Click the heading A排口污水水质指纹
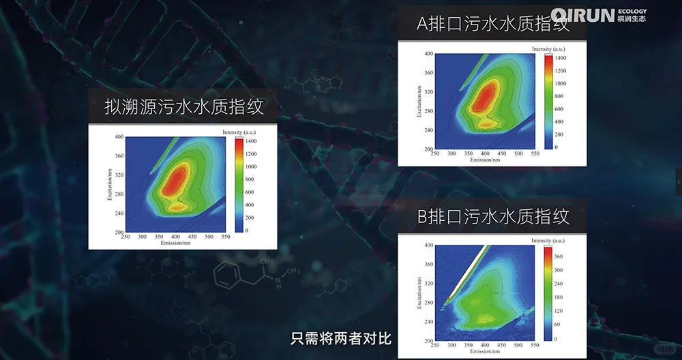click(x=492, y=25)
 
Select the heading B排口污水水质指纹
click(x=492, y=217)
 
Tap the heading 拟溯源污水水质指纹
click(x=183, y=107)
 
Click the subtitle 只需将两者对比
click(x=341, y=337)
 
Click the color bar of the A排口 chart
click(x=548, y=101)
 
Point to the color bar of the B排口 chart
click(x=548, y=292)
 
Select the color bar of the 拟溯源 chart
click(x=239, y=185)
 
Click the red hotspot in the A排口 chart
click(x=484, y=97)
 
